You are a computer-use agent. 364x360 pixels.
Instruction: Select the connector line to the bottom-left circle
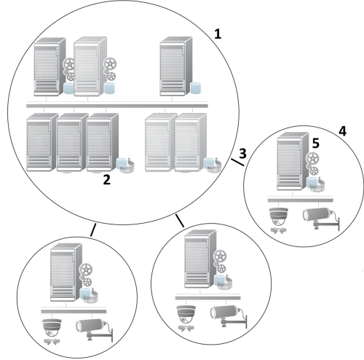92,230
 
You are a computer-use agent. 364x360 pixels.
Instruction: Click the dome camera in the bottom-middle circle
186,313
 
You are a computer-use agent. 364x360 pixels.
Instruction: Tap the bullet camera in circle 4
316,217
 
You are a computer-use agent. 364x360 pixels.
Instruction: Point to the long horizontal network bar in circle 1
117,106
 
